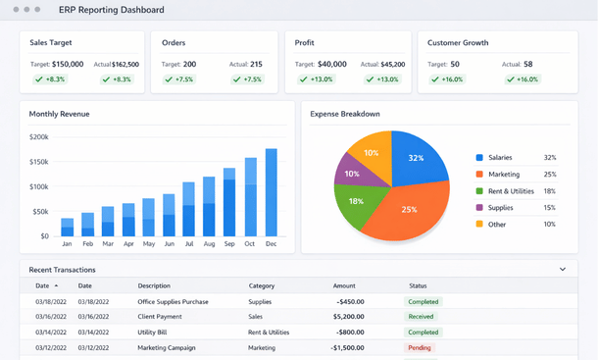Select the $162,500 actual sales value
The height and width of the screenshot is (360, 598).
pyautogui.click(x=125, y=64)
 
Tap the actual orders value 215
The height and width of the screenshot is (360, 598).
pyautogui.click(x=255, y=64)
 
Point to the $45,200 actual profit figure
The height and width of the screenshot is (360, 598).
pyautogui.click(x=392, y=64)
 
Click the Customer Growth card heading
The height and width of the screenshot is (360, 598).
pyautogui.click(x=459, y=43)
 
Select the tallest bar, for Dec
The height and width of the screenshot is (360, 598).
pyautogui.click(x=271, y=192)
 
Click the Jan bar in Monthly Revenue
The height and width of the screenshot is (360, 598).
pyautogui.click(x=68, y=228)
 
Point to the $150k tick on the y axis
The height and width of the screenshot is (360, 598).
pyautogui.click(x=39, y=162)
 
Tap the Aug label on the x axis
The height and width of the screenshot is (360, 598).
pyautogui.click(x=209, y=243)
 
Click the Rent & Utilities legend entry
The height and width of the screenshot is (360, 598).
pyautogui.click(x=511, y=191)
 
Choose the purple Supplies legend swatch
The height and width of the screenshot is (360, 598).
pyautogui.click(x=479, y=208)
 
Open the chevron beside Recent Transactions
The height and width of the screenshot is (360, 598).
pyautogui.click(x=563, y=269)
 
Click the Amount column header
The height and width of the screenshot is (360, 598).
pyautogui.click(x=344, y=285)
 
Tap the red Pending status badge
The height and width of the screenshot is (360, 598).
pyautogui.click(x=420, y=347)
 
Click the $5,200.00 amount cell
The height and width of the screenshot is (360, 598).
pyautogui.click(x=350, y=317)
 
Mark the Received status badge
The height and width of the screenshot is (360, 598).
pyautogui.click(x=422, y=317)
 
